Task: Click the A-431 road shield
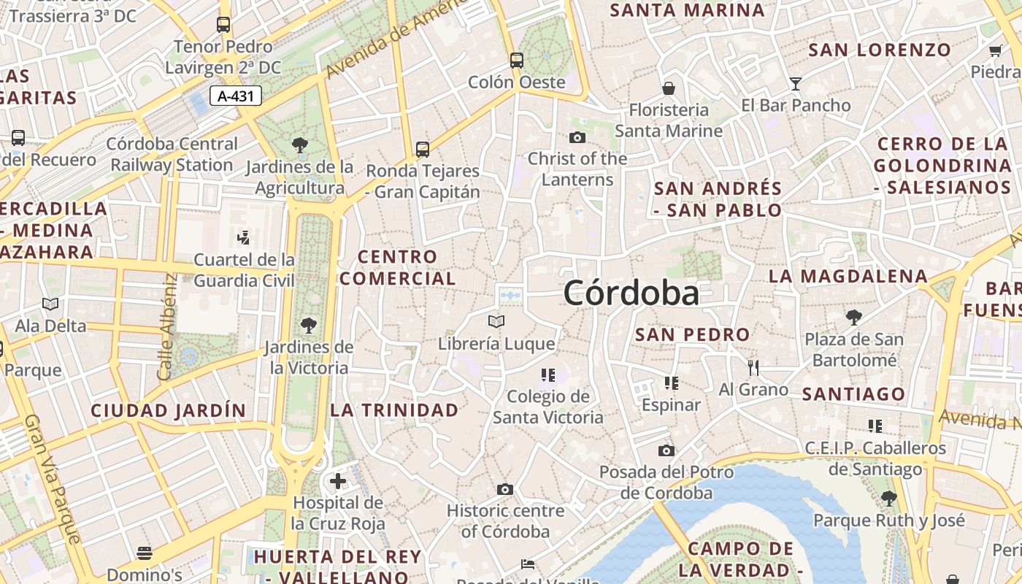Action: click(x=235, y=96)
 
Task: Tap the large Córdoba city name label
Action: click(x=631, y=293)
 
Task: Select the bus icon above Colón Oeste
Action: click(x=517, y=61)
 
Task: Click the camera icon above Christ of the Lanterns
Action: click(x=577, y=137)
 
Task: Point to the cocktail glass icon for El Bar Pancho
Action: click(x=796, y=84)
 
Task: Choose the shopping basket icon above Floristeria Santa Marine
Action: click(x=668, y=89)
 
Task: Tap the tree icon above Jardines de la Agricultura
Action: click(x=299, y=145)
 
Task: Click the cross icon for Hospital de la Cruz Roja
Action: click(x=337, y=481)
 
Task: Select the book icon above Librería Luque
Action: click(x=496, y=321)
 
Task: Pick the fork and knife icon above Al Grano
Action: click(x=753, y=367)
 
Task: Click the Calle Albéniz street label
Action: click(x=166, y=326)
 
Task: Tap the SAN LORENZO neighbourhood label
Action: click(x=880, y=50)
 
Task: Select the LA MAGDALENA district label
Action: click(x=848, y=277)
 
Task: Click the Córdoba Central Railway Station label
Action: click(x=172, y=155)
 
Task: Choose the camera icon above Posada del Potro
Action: click(x=666, y=450)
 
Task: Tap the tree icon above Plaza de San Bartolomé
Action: click(x=853, y=318)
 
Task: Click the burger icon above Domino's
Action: click(x=145, y=553)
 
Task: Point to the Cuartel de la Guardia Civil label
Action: click(x=244, y=270)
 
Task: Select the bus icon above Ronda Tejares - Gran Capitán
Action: click(x=423, y=150)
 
